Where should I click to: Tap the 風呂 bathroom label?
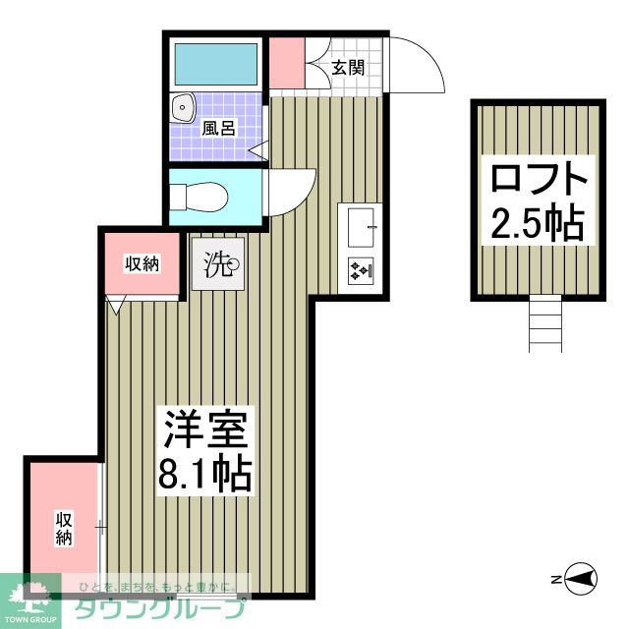[x=218, y=127]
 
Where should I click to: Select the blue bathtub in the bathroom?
[x=215, y=65]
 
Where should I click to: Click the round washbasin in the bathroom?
[x=183, y=107]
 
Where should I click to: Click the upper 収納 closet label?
[x=143, y=263]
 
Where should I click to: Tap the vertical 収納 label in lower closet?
[x=64, y=527]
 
